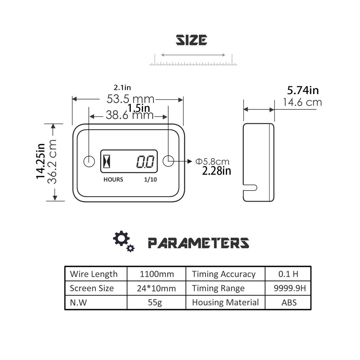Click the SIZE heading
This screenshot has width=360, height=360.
click(x=191, y=40)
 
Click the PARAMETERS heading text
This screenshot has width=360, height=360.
click(x=199, y=243)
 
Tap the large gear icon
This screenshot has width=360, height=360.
click(x=121, y=238)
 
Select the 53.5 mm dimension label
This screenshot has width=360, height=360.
click(x=130, y=99)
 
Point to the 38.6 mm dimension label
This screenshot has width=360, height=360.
click(x=130, y=115)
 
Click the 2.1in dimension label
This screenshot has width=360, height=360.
click(x=122, y=87)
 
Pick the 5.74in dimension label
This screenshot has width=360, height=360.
click(x=303, y=90)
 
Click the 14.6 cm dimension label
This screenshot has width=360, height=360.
click(x=302, y=102)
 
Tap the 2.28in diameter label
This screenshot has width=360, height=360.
click(x=216, y=171)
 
